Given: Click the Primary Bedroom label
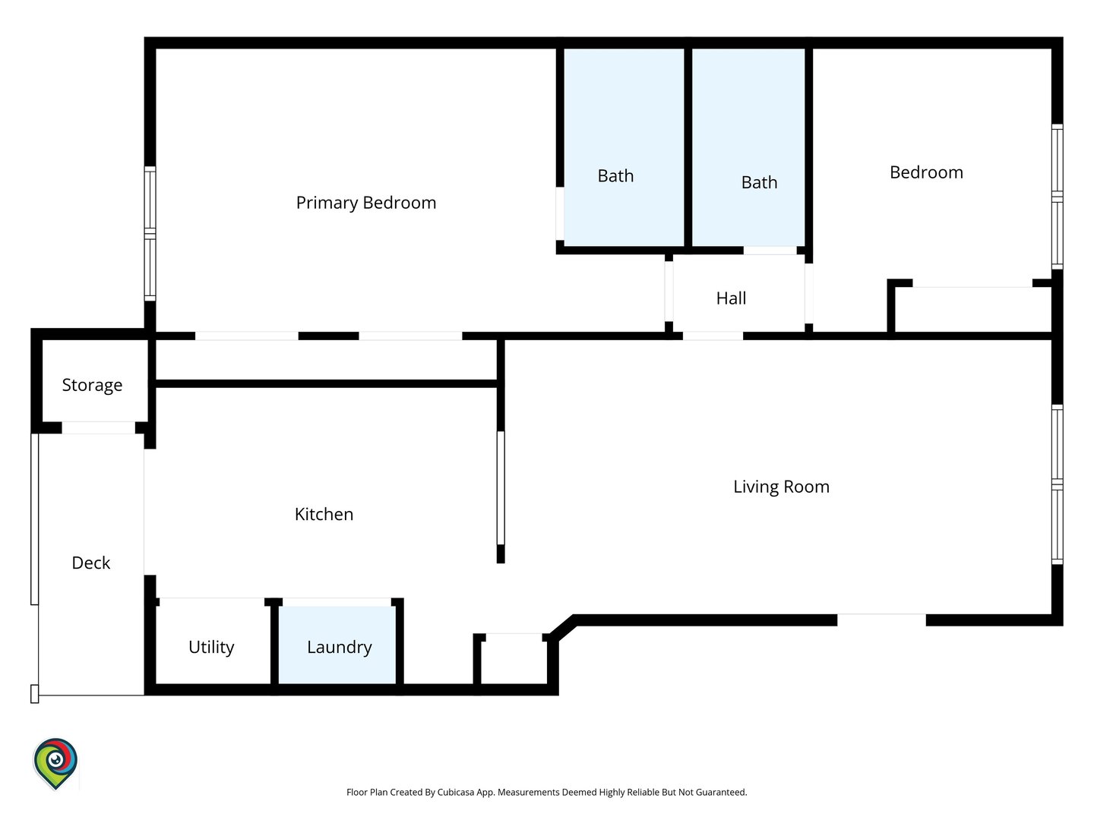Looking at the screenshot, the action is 366,203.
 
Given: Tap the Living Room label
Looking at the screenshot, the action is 781,487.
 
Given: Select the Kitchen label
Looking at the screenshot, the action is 324,514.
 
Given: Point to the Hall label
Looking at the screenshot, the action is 731,298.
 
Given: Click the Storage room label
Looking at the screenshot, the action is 92,386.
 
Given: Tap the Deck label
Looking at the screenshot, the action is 90,563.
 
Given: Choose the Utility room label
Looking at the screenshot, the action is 211,648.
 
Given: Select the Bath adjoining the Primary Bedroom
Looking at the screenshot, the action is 624,147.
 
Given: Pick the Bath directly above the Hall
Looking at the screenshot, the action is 748,147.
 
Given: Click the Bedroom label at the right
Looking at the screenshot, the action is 926,173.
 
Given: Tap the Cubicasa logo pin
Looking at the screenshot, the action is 55,763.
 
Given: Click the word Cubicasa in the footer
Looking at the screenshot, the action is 456,792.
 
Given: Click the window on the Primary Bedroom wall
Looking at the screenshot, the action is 150,234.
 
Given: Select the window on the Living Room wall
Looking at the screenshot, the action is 1057,484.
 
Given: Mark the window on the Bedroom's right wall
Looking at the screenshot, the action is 1057,197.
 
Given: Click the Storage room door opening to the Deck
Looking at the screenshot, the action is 98,427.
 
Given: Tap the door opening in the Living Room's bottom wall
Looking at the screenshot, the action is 881,620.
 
